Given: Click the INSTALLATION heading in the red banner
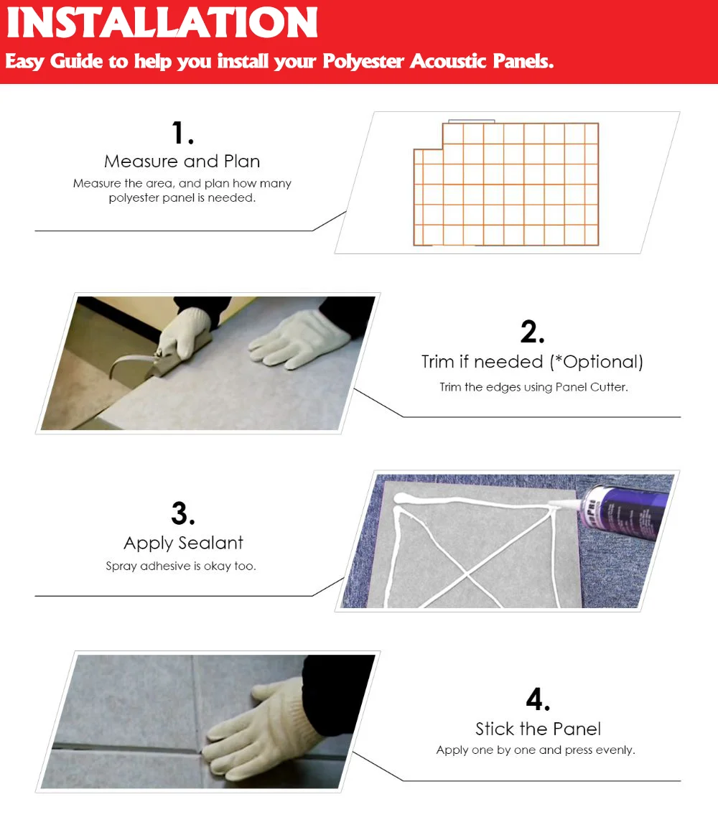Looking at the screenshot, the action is pyautogui.click(x=162, y=22).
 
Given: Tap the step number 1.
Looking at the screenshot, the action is pyautogui.click(x=182, y=133).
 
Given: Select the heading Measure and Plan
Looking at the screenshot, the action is pyautogui.click(x=182, y=161).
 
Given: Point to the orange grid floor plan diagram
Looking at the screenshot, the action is pyautogui.click(x=506, y=184).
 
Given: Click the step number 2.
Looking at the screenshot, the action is pyautogui.click(x=532, y=332).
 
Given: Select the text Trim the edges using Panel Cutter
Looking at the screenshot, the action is pyautogui.click(x=533, y=387).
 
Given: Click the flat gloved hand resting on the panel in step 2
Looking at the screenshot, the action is pyautogui.click(x=298, y=339).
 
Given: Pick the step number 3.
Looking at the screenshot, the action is pyautogui.click(x=182, y=513).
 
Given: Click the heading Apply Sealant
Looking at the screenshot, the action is pyautogui.click(x=183, y=543).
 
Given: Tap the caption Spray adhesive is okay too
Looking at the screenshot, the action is pyautogui.click(x=181, y=566).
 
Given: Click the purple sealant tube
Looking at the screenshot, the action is pyautogui.click(x=623, y=512).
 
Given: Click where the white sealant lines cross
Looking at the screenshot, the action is pyautogui.click(x=467, y=574).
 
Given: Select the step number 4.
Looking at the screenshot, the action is pyautogui.click(x=538, y=699).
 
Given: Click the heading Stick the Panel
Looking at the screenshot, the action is pyautogui.click(x=538, y=729).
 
